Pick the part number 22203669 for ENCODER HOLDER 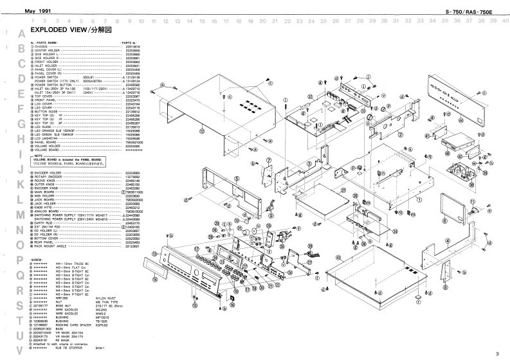click(132, 173)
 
